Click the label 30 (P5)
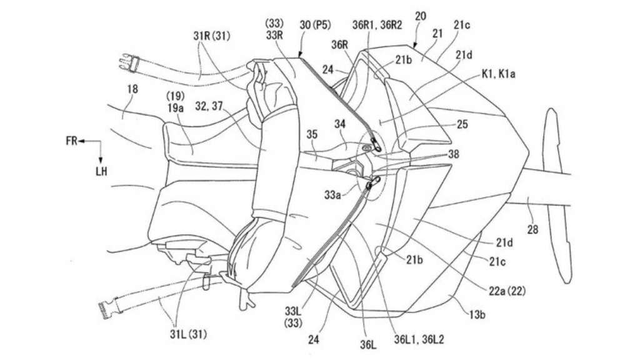pyautogui.click(x=315, y=25)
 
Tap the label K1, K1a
pyautogui.click(x=498, y=74)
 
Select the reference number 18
pyautogui.click(x=132, y=89)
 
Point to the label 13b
pyautogui.click(x=477, y=315)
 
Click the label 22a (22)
pyautogui.click(x=507, y=291)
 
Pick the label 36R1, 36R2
pyautogui.click(x=377, y=25)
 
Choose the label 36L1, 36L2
pyautogui.click(x=419, y=339)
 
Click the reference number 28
pyautogui.click(x=532, y=230)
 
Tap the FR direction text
pyautogui.click(x=71, y=141)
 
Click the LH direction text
pyautogui.click(x=101, y=171)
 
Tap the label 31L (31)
pyautogui.click(x=188, y=334)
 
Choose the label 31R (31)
pyautogui.click(x=212, y=36)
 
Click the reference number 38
pyautogui.click(x=454, y=154)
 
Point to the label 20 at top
pyautogui.click(x=421, y=16)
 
